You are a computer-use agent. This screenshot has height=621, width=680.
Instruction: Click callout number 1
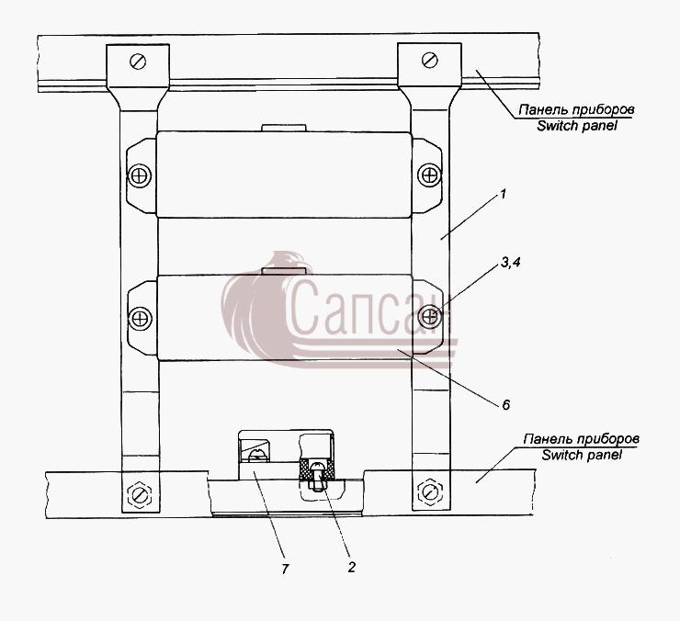tap(503, 194)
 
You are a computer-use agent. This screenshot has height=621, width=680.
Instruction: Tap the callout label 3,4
tap(511, 263)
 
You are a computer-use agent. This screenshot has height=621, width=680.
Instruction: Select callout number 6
tap(506, 405)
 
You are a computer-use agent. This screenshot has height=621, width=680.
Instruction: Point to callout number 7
tap(285, 569)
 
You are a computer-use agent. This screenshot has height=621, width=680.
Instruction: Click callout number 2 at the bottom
tap(351, 567)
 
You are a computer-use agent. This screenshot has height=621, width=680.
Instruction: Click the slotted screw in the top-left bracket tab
tap(138, 62)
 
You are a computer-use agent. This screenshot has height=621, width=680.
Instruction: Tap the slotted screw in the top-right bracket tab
tap(429, 60)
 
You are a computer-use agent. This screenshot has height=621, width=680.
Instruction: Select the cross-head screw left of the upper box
tap(140, 176)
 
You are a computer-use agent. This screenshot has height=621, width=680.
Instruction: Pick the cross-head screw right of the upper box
tap(429, 175)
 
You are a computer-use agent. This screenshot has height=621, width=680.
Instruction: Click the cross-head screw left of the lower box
tap(141, 319)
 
